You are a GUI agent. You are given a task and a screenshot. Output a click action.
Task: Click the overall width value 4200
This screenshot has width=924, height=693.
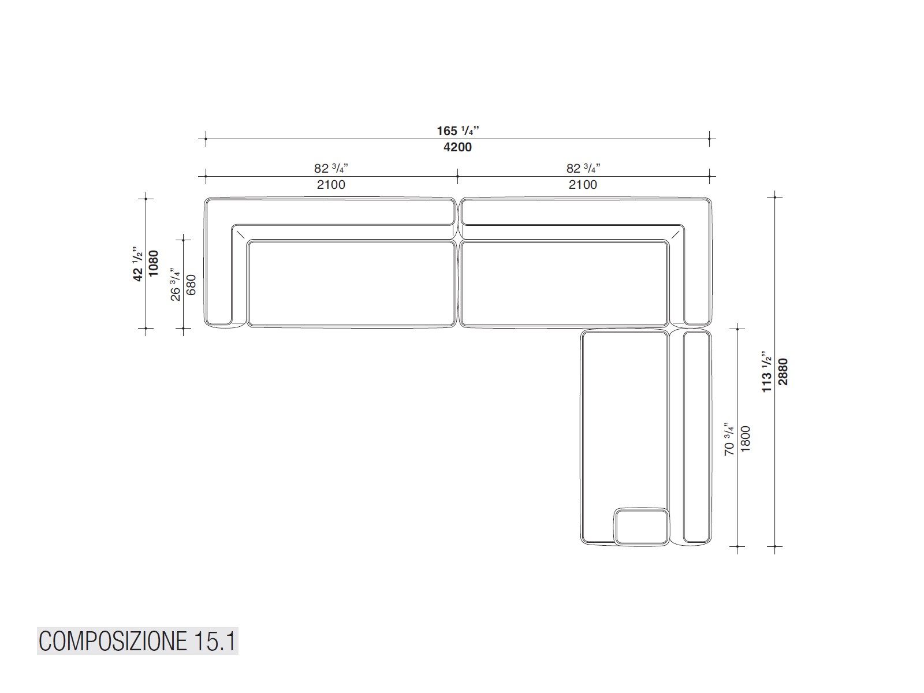(x=457, y=147)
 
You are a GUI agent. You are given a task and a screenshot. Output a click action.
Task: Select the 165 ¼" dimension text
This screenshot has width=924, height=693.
(x=458, y=131)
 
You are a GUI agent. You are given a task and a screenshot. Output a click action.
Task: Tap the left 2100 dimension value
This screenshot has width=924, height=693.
(x=331, y=185)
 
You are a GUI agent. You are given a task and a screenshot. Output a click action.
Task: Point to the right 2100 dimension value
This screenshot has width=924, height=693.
(x=583, y=185)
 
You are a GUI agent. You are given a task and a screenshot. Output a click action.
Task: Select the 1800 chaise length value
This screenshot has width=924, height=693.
(x=746, y=439)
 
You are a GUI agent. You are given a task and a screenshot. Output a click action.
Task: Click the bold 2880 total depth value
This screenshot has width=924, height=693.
(x=783, y=371)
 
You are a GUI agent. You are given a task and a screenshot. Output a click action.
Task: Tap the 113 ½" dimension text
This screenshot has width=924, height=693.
(x=767, y=371)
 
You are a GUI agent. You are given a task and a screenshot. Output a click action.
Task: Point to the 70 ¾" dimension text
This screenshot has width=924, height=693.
(x=729, y=439)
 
